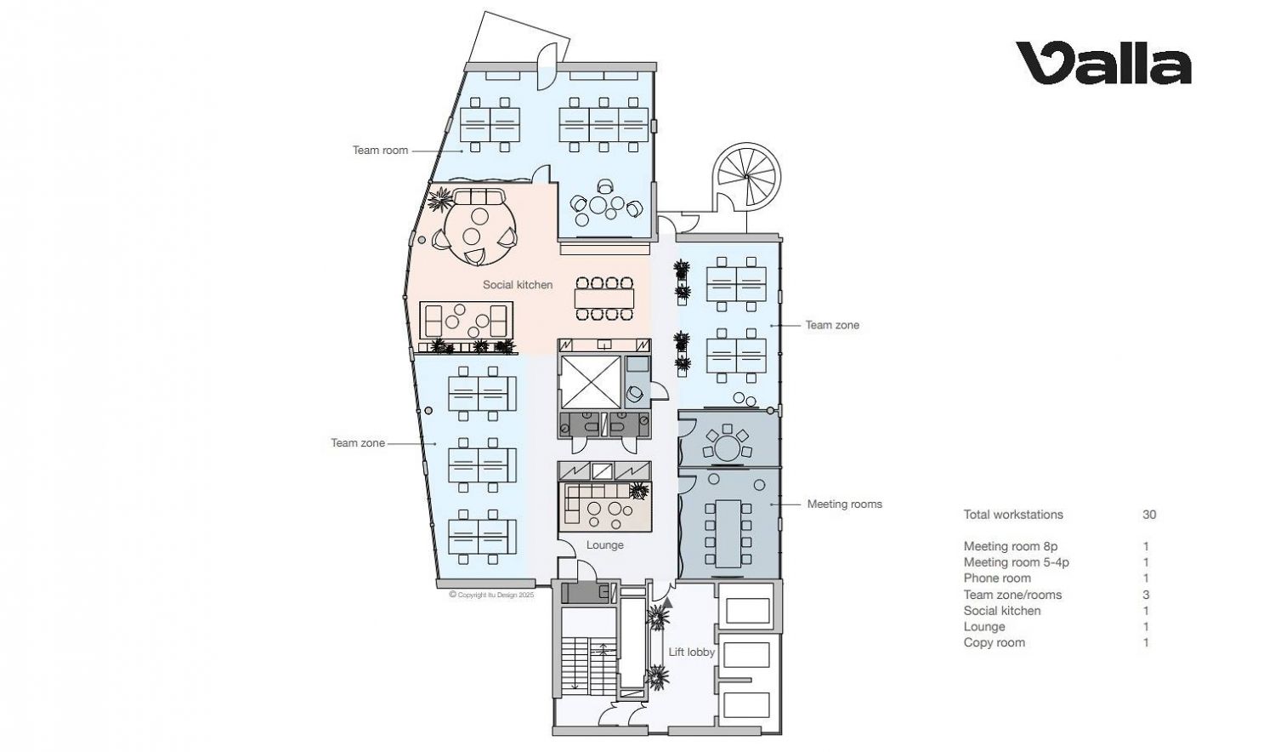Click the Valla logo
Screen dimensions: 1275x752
(x=1103, y=63)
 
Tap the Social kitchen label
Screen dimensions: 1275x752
(x=518, y=285)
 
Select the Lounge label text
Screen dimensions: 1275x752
(x=605, y=545)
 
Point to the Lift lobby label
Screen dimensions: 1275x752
(x=692, y=652)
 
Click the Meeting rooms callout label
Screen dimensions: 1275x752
(x=845, y=504)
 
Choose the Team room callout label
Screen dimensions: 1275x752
(x=380, y=151)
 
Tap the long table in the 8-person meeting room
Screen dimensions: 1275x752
(x=728, y=534)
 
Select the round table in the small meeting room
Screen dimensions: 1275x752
(x=726, y=447)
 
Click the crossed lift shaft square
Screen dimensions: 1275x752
(x=590, y=382)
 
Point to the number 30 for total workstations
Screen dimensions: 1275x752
(x=1149, y=515)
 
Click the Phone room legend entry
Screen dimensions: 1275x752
(x=997, y=578)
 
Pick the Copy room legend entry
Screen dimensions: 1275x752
(x=994, y=642)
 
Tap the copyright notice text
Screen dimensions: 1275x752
(x=492, y=595)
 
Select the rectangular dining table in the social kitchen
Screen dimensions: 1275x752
(x=603, y=299)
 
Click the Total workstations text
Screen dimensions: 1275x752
(x=1013, y=515)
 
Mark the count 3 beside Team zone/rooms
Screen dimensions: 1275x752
(x=1147, y=595)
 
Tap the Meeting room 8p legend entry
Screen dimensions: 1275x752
(x=1011, y=546)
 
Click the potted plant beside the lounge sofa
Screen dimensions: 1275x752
(x=639, y=491)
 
